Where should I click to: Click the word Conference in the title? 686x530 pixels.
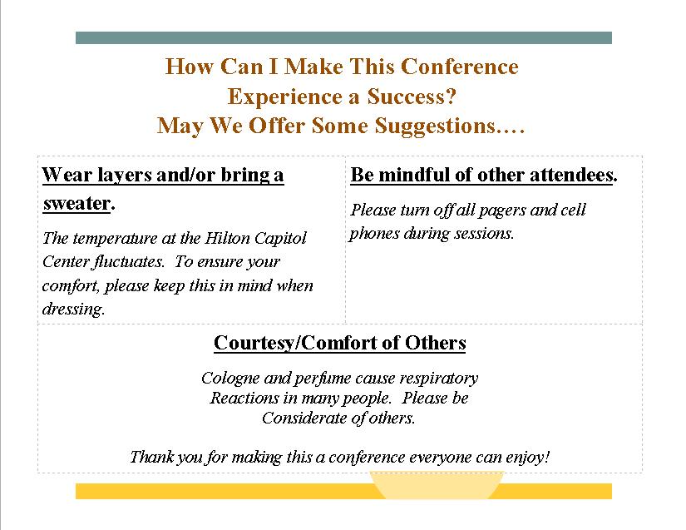(459, 67)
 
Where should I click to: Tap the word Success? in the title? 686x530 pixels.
(412, 97)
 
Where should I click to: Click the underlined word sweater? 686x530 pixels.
(76, 204)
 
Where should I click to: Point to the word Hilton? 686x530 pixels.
(228, 238)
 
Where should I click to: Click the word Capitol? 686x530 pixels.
(280, 239)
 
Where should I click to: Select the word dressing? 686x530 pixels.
(73, 310)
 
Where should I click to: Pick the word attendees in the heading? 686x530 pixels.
(574, 175)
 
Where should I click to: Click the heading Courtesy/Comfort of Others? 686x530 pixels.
(340, 343)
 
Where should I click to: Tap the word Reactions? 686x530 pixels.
(244, 398)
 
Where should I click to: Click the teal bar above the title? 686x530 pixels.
(343, 37)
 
